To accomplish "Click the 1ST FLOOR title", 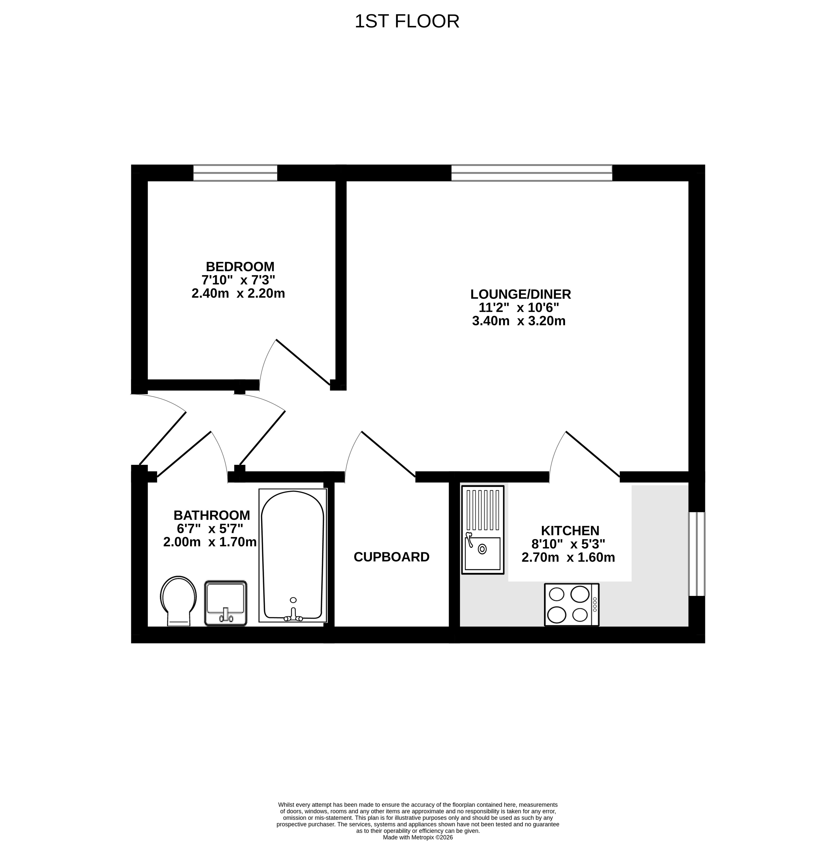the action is pos(407,21).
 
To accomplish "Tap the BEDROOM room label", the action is pos(240,266).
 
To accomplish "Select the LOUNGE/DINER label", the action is pos(520,294).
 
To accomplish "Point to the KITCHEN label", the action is pos(570,531).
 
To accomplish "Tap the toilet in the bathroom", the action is pos(179,601).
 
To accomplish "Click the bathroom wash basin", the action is pos(226,603).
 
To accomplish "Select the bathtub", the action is pos(293,555).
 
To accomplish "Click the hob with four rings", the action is pos(571,605).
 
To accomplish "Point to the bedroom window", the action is pos(235,173).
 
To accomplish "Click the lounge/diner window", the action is pos(532,173).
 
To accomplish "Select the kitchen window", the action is pos(697,554).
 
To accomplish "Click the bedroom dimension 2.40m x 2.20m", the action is pos(238,293).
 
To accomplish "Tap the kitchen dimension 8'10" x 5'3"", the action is pos(568,544).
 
